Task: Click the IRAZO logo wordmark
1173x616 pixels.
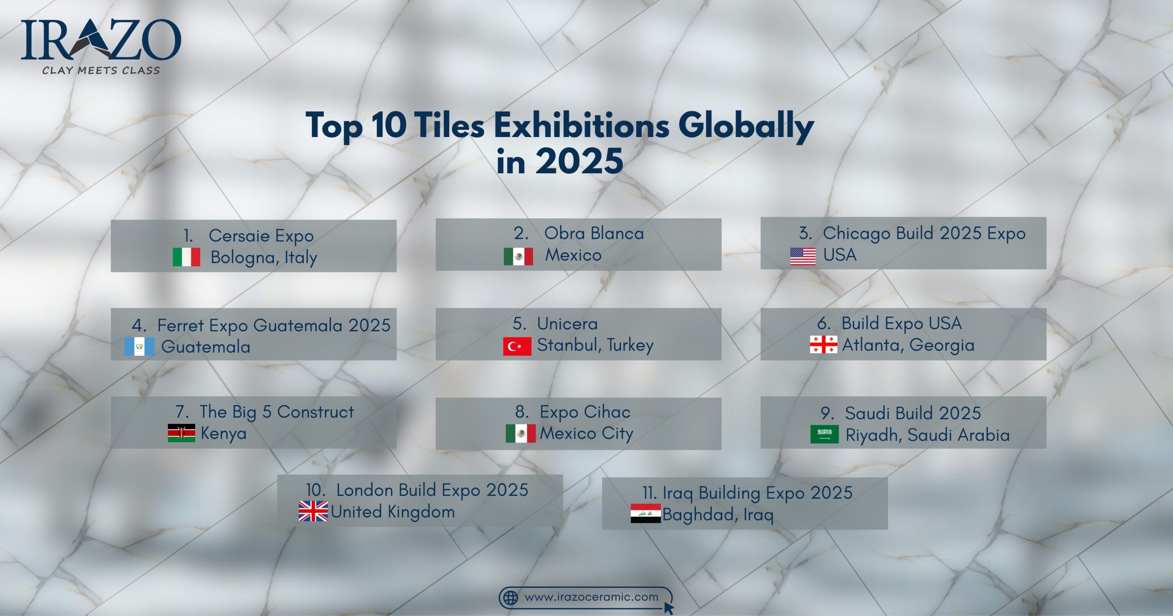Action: coord(101,40)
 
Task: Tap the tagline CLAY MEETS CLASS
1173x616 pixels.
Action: coord(101,71)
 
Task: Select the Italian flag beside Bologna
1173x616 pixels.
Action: coord(186,257)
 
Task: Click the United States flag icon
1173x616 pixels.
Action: coord(803,256)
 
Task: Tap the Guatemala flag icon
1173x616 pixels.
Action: coord(139,346)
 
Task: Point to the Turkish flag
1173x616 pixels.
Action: coord(517,346)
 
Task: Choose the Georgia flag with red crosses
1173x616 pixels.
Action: coord(823,345)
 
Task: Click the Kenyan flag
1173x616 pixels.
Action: coord(181,433)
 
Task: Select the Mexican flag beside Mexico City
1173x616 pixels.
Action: coord(521,433)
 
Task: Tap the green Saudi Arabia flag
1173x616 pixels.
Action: coord(824,434)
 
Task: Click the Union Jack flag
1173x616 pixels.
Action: coord(313,511)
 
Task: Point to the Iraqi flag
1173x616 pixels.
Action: coord(646,513)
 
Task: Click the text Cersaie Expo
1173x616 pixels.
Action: coord(261,236)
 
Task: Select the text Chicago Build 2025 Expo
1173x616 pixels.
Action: coord(924,233)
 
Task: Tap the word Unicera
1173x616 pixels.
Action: coord(567,324)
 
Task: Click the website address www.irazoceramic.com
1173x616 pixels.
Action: coord(591,597)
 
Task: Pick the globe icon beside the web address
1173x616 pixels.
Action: coord(510,598)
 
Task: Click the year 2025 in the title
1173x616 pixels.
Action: coord(579,161)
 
